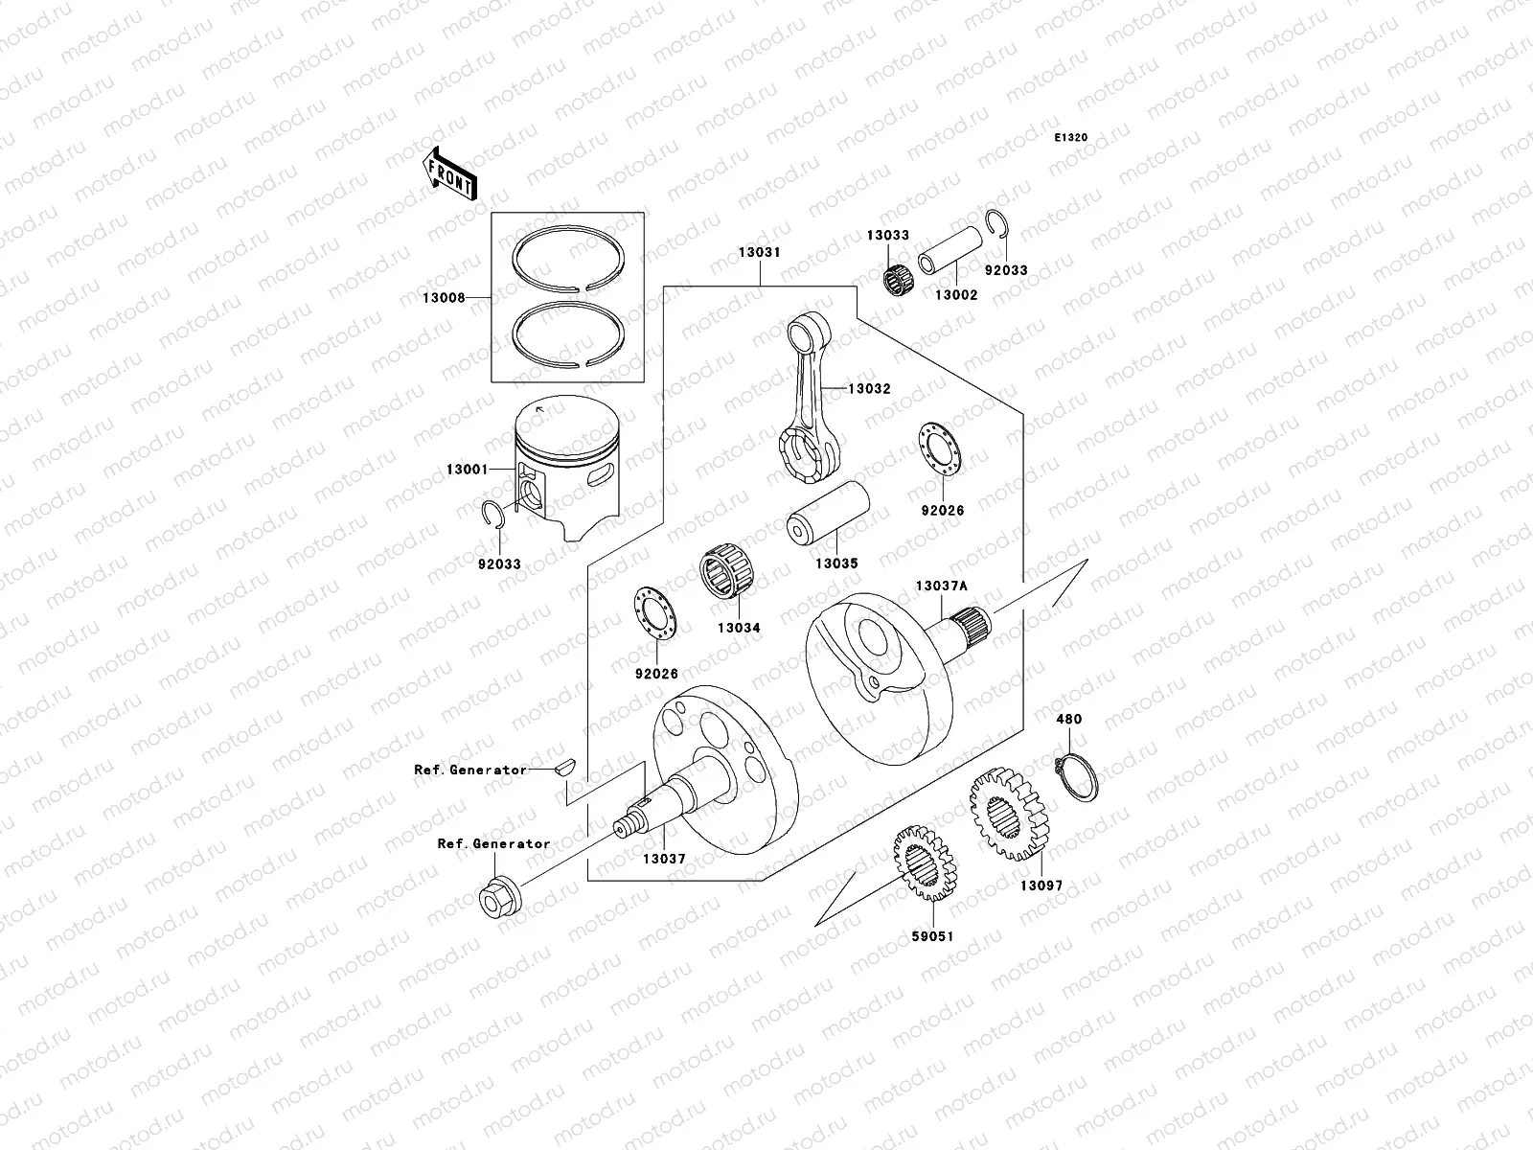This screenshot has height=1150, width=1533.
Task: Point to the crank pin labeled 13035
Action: click(x=828, y=516)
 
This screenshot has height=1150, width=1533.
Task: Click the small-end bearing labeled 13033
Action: click(x=895, y=275)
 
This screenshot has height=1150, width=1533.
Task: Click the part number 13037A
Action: click(x=941, y=586)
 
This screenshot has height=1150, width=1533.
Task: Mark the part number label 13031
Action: click(x=759, y=253)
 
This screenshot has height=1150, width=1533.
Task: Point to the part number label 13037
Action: click(x=664, y=860)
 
